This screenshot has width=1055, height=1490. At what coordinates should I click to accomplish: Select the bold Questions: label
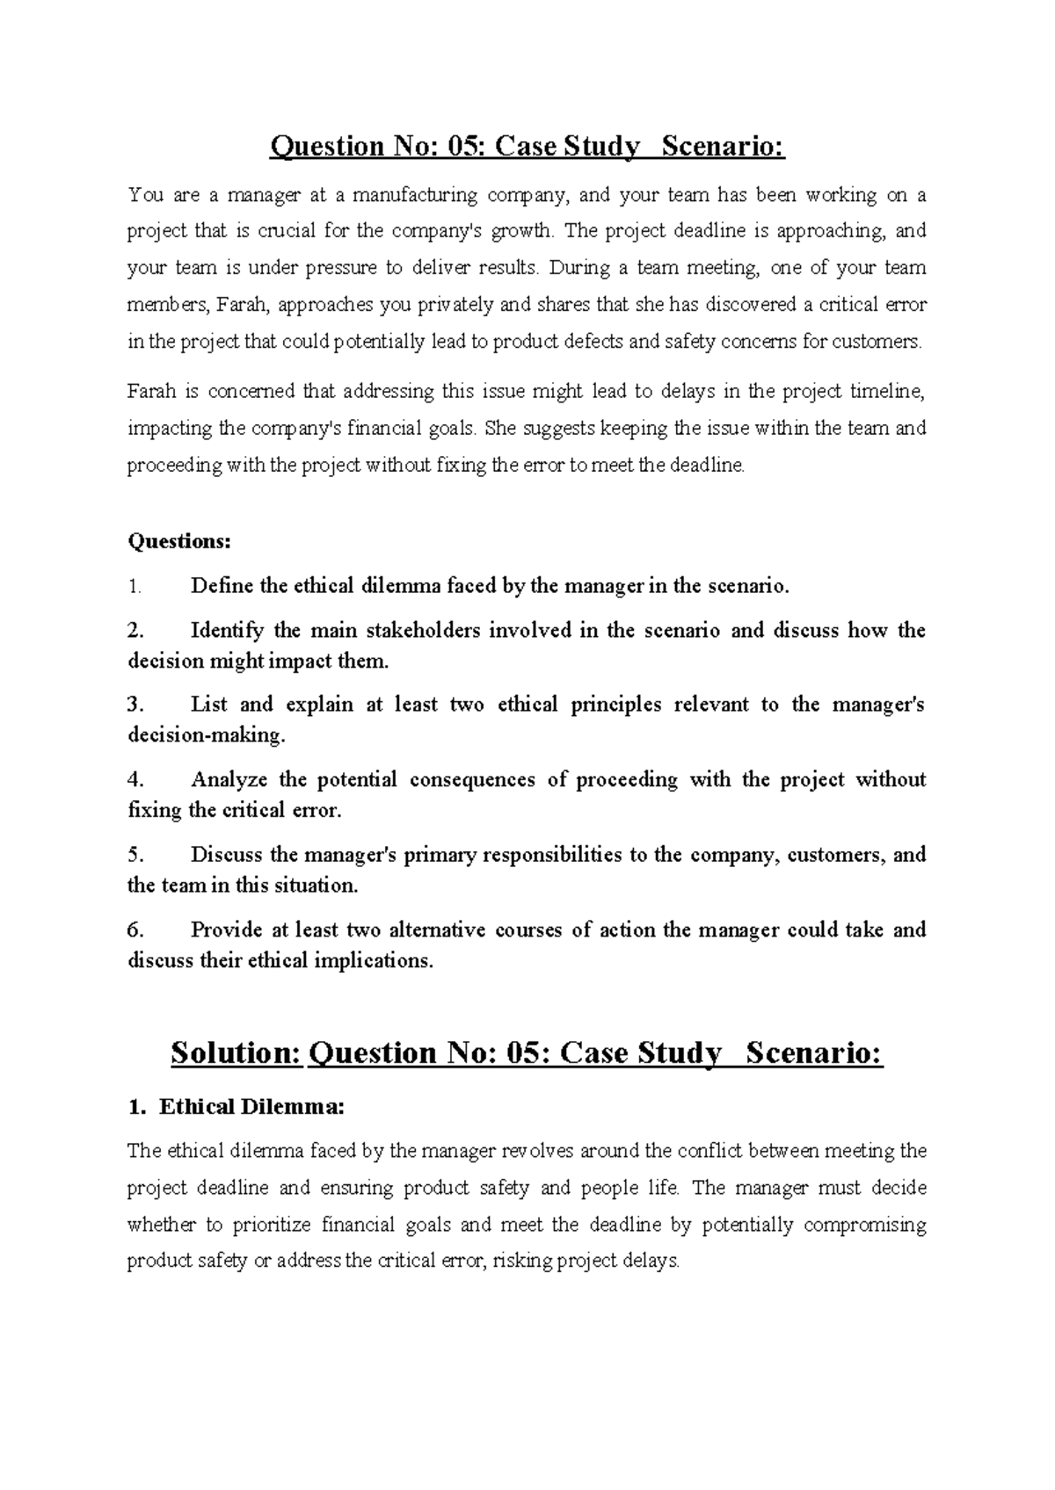click(x=179, y=541)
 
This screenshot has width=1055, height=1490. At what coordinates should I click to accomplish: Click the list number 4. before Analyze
click(x=135, y=779)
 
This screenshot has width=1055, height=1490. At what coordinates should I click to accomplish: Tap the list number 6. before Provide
click(x=135, y=929)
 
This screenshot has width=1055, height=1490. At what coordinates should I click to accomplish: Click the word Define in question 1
click(x=221, y=586)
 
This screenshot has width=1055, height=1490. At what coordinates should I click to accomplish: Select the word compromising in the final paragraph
click(x=865, y=1225)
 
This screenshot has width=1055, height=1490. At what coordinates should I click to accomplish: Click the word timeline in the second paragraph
click(x=889, y=392)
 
